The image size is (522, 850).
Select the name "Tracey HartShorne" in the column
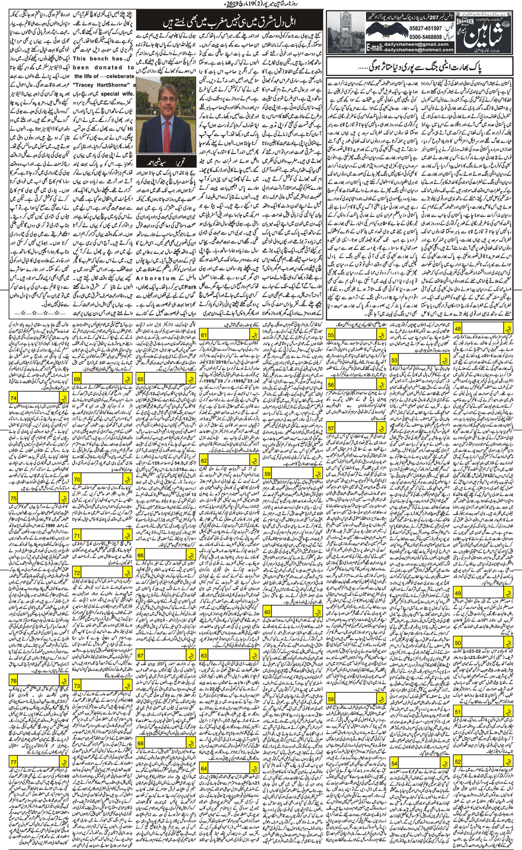click(101, 85)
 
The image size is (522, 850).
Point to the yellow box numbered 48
click(458, 329)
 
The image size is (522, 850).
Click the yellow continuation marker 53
click(396, 360)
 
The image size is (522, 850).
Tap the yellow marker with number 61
click(204, 336)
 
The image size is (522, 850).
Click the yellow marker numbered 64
click(204, 768)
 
